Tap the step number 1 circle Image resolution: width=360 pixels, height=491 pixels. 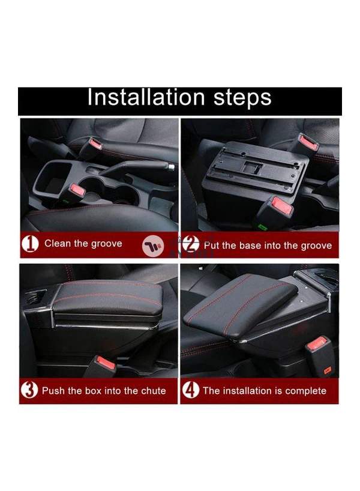30,244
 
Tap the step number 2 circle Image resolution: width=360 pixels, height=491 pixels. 190,245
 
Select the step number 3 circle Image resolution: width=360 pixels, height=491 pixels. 29,391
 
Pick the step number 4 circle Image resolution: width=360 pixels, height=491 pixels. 191,391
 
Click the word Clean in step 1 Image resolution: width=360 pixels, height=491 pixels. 58,244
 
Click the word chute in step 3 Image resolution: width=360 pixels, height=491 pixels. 152,391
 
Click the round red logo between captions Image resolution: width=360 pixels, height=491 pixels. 151,245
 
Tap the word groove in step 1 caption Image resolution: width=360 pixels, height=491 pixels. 107,244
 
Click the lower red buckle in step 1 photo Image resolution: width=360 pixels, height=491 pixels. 76,191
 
